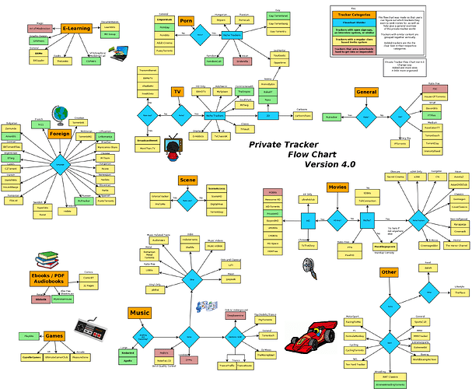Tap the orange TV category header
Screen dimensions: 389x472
pos(177,92)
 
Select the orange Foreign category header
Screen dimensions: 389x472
pos(60,134)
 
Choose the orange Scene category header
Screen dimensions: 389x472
pos(188,180)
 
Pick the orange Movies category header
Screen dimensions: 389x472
pos(337,187)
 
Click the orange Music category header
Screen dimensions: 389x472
pos(139,312)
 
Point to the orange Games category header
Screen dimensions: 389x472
pos(54,336)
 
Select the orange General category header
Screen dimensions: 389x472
pos(365,92)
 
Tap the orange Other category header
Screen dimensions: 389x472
pos(389,272)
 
